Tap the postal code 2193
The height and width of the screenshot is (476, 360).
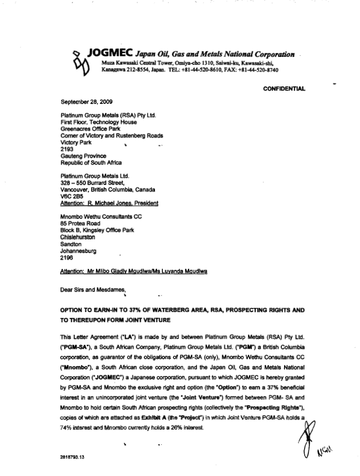(67, 149)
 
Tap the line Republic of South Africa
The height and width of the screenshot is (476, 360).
(91, 163)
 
